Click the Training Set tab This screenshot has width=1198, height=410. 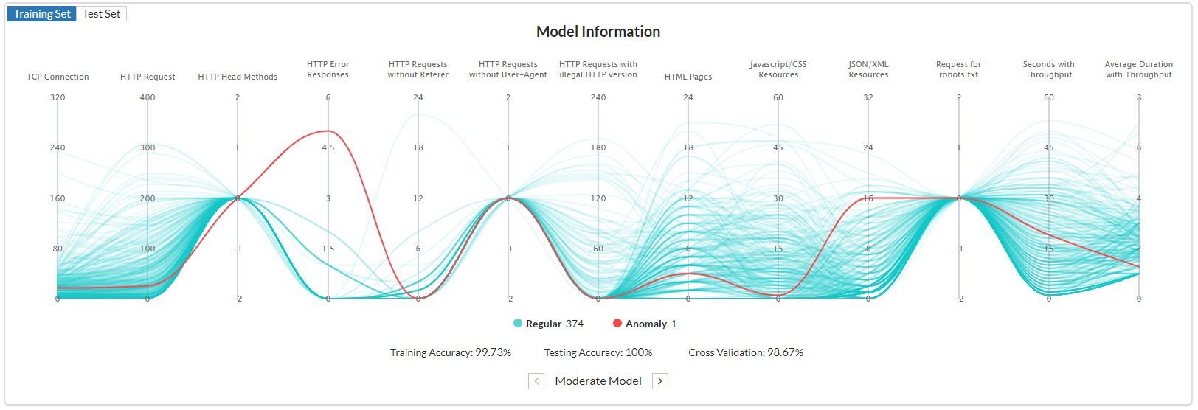(x=42, y=14)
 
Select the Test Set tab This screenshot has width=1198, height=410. (x=101, y=14)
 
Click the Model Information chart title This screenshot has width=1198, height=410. (x=598, y=32)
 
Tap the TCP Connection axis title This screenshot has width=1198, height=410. (x=58, y=77)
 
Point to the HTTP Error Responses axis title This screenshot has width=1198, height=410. (x=328, y=69)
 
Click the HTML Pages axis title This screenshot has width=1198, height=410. (x=688, y=77)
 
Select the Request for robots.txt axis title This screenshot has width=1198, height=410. (x=958, y=69)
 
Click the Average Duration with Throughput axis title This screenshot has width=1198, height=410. (x=1138, y=69)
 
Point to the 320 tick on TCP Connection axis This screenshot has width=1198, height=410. (x=58, y=97)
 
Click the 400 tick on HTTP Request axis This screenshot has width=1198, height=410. (x=148, y=97)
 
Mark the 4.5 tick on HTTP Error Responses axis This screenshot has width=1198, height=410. (x=328, y=147)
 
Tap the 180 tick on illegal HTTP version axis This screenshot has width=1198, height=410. (x=598, y=147)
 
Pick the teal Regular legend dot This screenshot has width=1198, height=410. (x=518, y=323)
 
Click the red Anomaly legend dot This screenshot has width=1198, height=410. (x=617, y=323)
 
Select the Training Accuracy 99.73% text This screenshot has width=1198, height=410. (x=451, y=352)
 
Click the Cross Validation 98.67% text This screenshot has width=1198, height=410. (x=746, y=352)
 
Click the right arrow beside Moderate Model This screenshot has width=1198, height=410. (x=660, y=381)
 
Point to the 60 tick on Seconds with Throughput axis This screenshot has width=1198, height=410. (x=1048, y=97)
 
